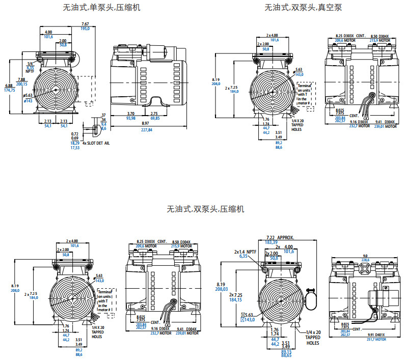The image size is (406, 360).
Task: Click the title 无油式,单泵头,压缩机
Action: coord(102,8)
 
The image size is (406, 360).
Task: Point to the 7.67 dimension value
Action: coord(85,24)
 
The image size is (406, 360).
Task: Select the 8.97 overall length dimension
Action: coord(146,124)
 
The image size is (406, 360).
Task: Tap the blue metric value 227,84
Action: coord(146,129)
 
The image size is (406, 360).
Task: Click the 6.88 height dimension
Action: coord(9,86)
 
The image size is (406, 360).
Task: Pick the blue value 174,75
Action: coord(9,90)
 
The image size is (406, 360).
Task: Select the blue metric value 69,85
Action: coord(155,118)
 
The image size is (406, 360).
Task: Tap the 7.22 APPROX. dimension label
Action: coord(280,238)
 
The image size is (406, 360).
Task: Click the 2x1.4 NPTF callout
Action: coord(246,252)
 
